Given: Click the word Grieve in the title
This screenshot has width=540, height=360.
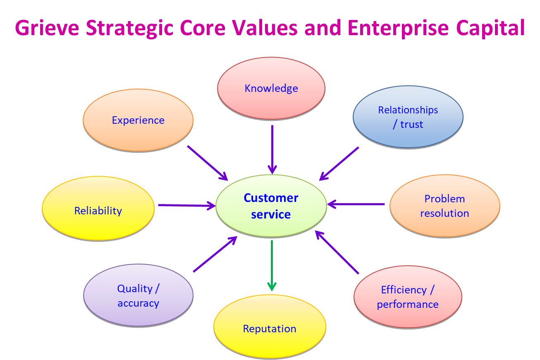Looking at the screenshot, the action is click(47, 28).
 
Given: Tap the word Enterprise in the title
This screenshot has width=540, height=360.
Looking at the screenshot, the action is click(398, 29).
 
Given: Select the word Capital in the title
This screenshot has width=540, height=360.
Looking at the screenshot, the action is click(490, 29).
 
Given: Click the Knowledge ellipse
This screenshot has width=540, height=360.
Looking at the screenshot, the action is click(271, 88).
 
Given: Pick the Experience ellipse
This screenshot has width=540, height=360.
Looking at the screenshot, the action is click(138, 120).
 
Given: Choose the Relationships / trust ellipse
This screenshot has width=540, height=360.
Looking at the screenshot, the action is click(408, 117).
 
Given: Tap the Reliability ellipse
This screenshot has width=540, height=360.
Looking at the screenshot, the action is click(98, 209).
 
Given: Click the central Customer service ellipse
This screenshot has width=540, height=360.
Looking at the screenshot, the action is click(271, 206).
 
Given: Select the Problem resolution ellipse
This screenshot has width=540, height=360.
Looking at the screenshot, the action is click(445, 206).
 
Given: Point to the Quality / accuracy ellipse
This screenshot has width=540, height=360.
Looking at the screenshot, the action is click(138, 295).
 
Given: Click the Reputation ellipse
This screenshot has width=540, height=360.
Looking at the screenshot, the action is click(270, 326).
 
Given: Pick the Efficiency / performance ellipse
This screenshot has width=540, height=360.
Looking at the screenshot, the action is click(408, 297).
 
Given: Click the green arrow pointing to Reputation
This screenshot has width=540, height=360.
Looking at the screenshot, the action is click(272, 266).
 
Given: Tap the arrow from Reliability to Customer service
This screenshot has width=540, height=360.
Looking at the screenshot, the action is click(187, 206).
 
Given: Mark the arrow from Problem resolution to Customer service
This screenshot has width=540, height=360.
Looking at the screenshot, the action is click(356, 204).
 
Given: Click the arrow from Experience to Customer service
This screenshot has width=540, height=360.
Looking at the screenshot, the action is click(208, 163).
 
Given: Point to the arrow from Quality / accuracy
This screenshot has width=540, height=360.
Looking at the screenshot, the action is click(215, 254).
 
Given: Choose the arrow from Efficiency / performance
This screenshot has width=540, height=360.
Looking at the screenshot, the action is click(337, 252).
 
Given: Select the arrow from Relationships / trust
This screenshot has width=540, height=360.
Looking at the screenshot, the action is click(339, 163).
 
